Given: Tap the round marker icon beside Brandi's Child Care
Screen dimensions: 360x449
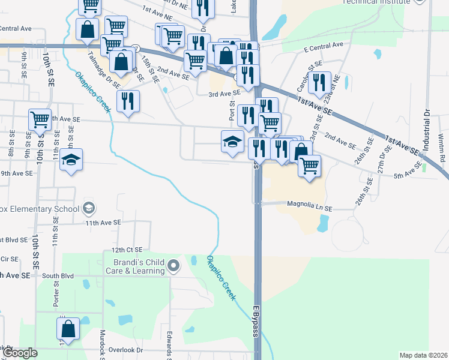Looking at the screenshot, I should tap(174, 265).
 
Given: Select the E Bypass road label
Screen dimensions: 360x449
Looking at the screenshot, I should tap(255, 320).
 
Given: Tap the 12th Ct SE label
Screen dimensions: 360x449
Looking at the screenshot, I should tap(127, 250).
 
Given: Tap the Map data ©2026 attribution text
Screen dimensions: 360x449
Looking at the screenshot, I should tap(423, 355).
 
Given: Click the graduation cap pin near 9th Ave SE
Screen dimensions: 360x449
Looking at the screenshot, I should tap(71, 160).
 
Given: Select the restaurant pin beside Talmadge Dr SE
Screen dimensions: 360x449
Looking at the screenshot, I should tap(128, 101).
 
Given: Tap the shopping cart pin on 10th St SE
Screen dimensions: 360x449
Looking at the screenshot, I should tap(40, 119).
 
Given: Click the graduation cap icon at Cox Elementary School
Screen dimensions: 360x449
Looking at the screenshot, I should tap(89, 208).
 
